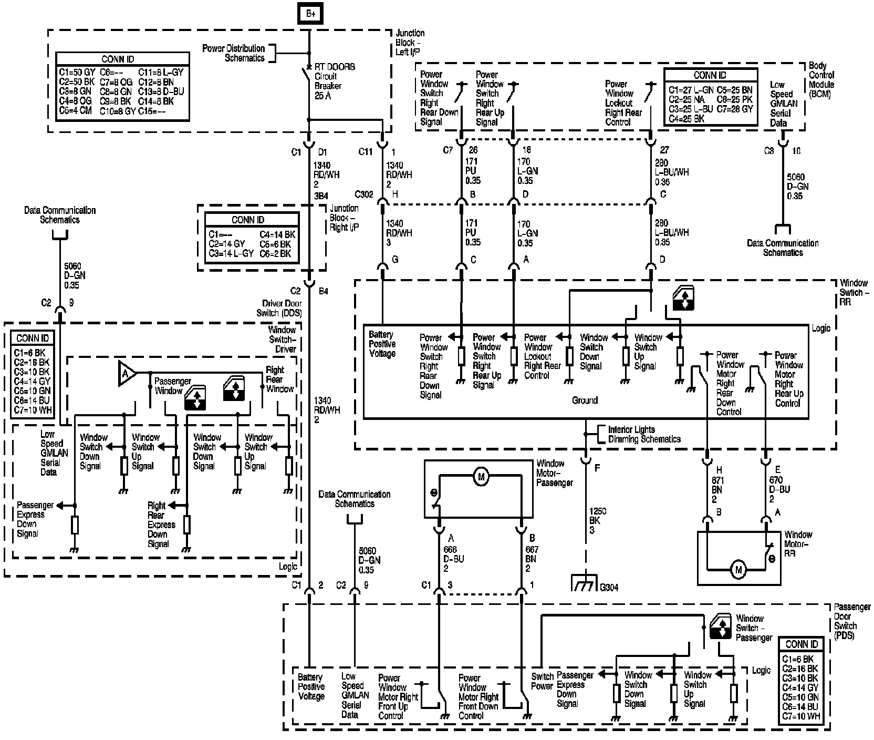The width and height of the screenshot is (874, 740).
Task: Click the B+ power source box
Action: pyautogui.click(x=310, y=14)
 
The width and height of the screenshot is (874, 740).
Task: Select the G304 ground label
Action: pyautogui.click(x=609, y=587)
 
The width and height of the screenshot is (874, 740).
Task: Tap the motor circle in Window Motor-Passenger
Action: pyautogui.click(x=480, y=477)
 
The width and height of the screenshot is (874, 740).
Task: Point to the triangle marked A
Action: pyautogui.click(x=126, y=374)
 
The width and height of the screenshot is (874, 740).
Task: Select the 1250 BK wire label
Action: pyautogui.click(x=594, y=520)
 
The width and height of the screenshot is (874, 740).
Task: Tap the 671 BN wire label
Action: pyautogui.click(x=717, y=489)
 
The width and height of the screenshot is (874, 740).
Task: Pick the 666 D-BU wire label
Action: pyautogui.click(x=454, y=559)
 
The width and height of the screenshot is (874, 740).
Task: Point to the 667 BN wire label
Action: pyautogui.click(x=531, y=559)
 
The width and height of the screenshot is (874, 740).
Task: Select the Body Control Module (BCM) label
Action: pyautogui.click(x=821, y=80)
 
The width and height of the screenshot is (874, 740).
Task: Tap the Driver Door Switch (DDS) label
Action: pyautogui.click(x=283, y=308)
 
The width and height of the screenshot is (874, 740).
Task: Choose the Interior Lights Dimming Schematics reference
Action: pyautogui.click(x=644, y=434)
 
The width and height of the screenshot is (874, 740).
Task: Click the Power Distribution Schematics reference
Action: pyautogui.click(x=234, y=53)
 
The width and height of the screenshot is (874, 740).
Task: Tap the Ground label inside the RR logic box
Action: pyautogui.click(x=585, y=400)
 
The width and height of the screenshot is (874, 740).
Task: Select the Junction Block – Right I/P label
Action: pyautogui.click(x=344, y=218)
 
